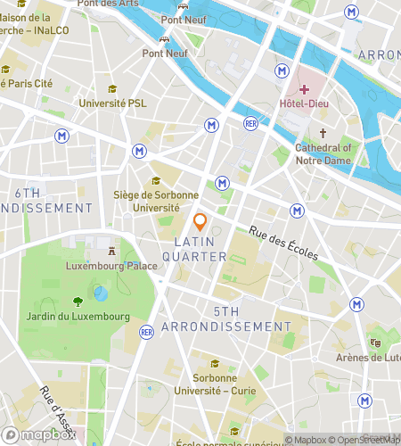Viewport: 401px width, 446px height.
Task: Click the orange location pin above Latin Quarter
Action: pos(200,222)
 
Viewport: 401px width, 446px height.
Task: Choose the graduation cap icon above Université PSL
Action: pos(112,89)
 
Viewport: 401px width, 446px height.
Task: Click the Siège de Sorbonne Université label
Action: pos(145,201)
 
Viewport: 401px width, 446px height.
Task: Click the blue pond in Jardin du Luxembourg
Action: pos(102,293)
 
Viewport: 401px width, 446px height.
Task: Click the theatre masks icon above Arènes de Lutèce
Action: pos(375,342)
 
